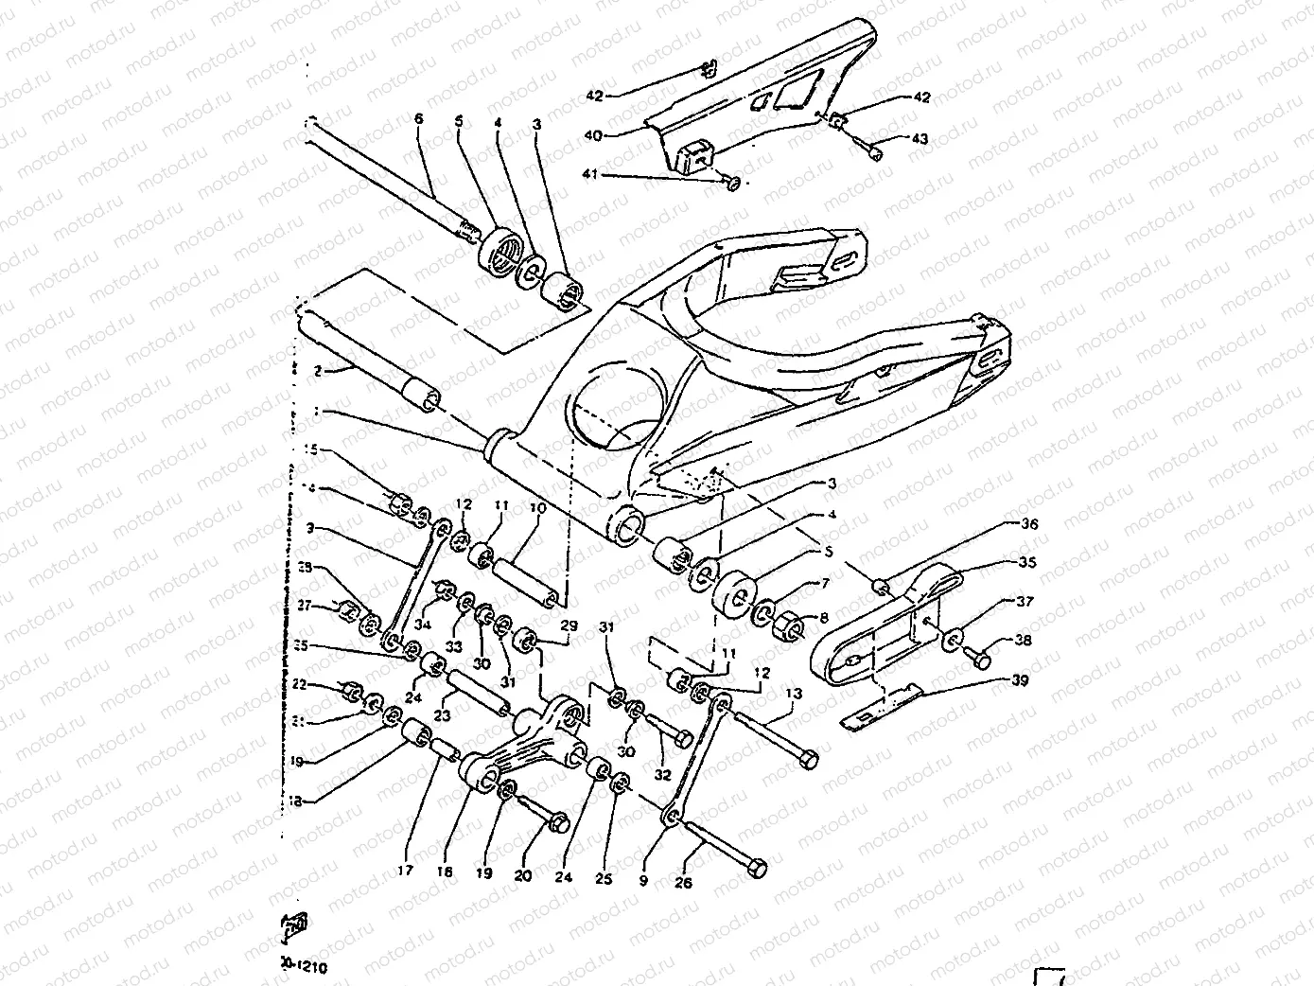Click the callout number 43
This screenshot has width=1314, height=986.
[x=920, y=139]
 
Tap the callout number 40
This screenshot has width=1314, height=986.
[x=593, y=135]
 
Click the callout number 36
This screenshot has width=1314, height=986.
[x=1002, y=524]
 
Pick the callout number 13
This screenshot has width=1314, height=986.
[x=793, y=694]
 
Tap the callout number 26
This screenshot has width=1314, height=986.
[x=683, y=883]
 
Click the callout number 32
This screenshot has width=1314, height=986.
[x=662, y=774]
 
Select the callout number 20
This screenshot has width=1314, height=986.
[x=522, y=876]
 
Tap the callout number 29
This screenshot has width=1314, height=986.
[x=568, y=626]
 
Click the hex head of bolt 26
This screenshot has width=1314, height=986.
[x=757, y=868]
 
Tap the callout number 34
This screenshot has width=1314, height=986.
[x=424, y=625]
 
